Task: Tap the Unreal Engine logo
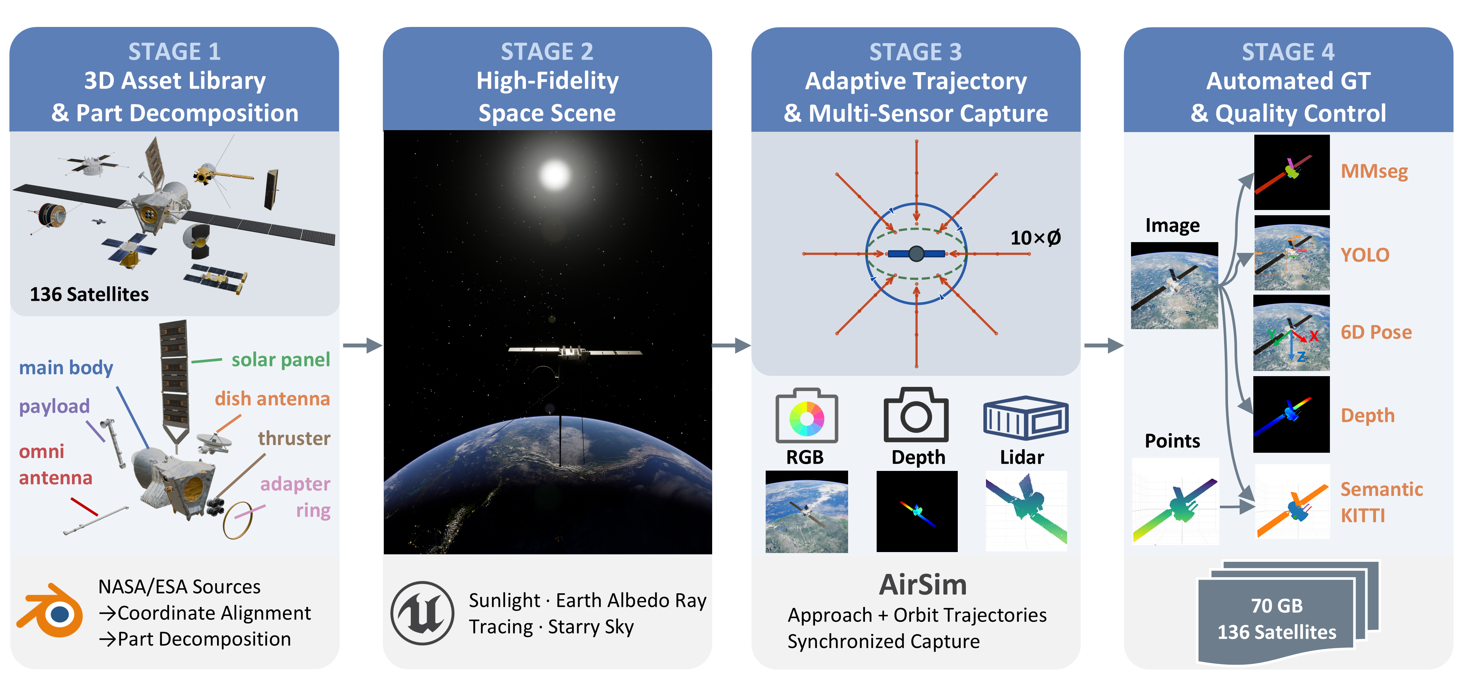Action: tap(422, 613)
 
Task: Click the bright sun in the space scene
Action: tap(554, 175)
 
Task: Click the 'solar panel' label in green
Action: tap(281, 360)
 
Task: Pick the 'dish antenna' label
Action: tap(272, 399)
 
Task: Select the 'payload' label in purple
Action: tap(55, 406)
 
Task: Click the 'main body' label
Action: tap(66, 367)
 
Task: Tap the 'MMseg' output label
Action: tap(1374, 171)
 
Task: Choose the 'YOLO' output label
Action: tap(1365, 255)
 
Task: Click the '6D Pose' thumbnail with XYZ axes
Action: tap(1291, 333)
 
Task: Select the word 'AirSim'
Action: tap(923, 585)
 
